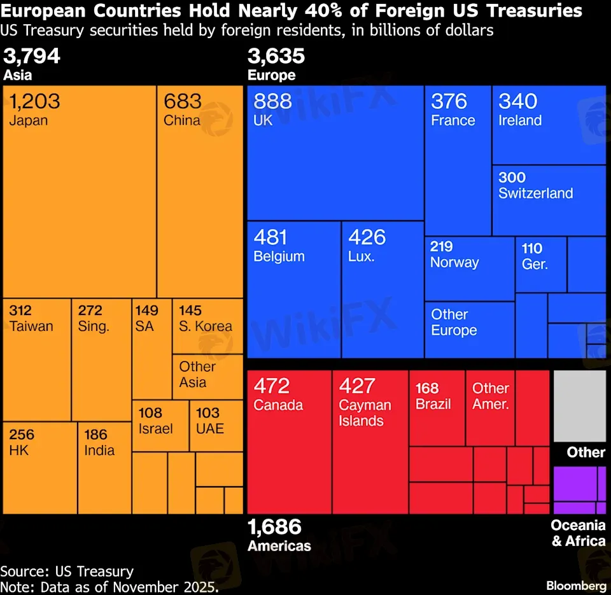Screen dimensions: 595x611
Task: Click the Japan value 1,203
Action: coord(35,101)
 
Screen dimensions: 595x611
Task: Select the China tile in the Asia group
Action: coord(200,191)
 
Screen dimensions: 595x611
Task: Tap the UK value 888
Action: coord(273,101)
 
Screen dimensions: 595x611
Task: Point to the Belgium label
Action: coord(279,256)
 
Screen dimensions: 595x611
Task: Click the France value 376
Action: coord(449,101)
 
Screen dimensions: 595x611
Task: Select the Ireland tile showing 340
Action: coord(549,125)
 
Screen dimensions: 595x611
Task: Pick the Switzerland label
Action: coord(535,193)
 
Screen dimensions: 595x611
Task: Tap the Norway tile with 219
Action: coord(469,268)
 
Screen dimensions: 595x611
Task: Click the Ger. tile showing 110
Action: coord(540,264)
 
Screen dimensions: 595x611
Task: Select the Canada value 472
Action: coord(272,386)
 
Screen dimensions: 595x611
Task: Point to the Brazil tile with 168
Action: coord(437,407)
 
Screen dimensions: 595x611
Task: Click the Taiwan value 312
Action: coord(21,311)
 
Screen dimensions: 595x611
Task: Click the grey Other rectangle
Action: coord(579,406)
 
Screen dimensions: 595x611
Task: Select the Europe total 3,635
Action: coord(276,57)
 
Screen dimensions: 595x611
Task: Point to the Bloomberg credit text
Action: coord(576,585)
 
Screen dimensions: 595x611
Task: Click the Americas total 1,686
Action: coord(274,527)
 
